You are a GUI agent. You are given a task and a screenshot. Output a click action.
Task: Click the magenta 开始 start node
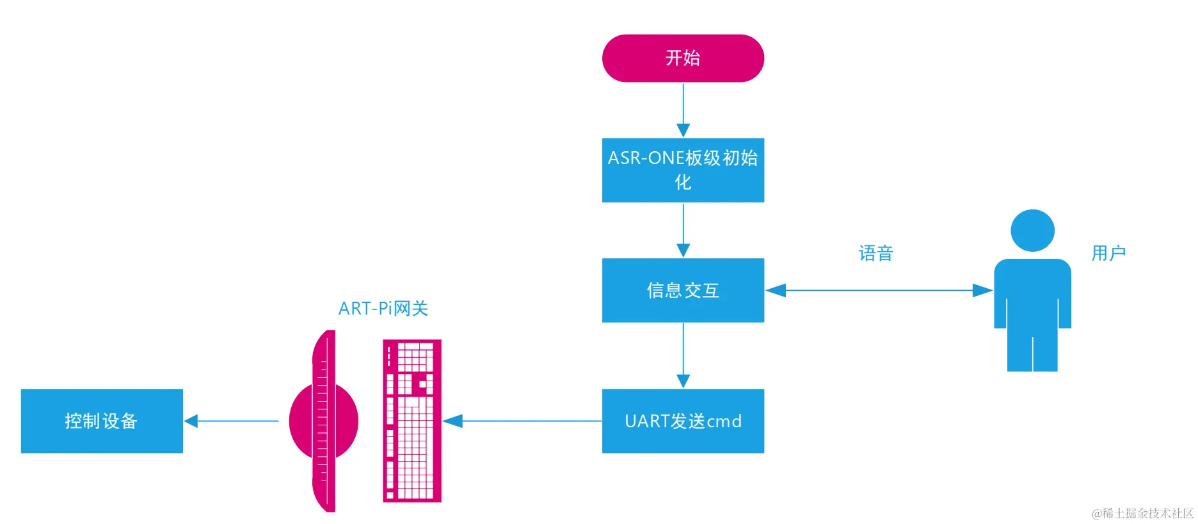tap(683, 58)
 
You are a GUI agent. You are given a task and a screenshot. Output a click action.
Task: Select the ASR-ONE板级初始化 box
tap(683, 170)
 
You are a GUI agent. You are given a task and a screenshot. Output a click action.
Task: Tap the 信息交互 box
tap(683, 290)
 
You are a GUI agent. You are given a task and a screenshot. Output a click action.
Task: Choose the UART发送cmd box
tap(683, 421)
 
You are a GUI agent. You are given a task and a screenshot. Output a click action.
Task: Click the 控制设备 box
tap(102, 421)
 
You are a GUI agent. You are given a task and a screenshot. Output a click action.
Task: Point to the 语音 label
tap(875, 254)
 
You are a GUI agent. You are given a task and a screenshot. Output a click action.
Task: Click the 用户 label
tap(1108, 253)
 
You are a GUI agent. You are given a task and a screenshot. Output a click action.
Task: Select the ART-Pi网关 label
tap(383, 309)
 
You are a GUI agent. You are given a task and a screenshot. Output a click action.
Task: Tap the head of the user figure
tap(1032, 231)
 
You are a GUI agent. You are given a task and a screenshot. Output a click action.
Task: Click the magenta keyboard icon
tap(412, 421)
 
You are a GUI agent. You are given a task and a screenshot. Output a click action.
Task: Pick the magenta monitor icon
tap(323, 421)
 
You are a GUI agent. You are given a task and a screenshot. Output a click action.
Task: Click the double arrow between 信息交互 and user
tap(878, 290)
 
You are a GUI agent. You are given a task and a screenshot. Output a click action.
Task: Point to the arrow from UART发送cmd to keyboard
tap(522, 421)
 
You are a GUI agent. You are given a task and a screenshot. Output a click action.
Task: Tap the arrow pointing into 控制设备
tap(232, 421)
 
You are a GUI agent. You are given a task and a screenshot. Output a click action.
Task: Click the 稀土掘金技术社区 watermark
tap(1142, 513)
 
